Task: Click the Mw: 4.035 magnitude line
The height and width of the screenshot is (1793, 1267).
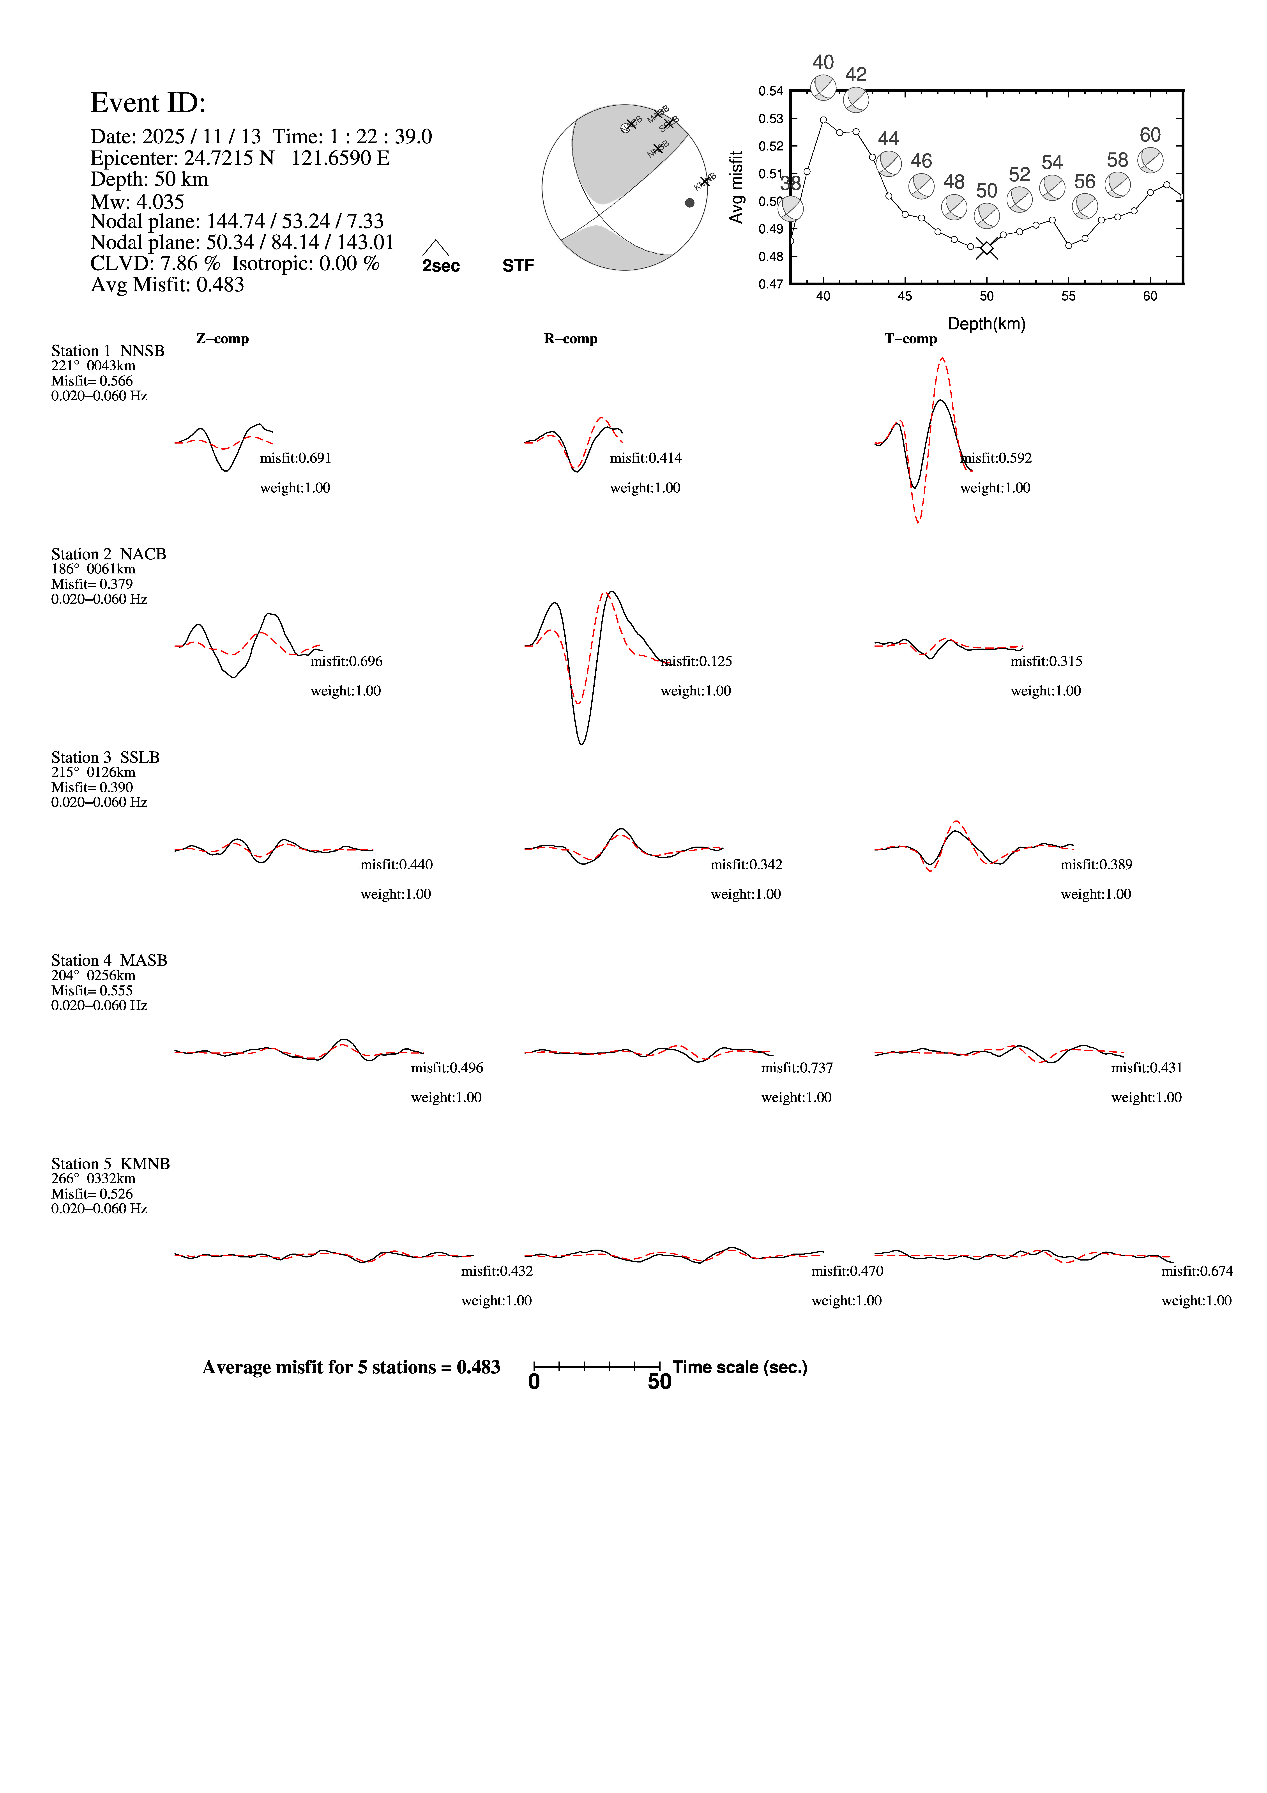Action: pyautogui.click(x=137, y=202)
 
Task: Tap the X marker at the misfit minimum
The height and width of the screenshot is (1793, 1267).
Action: pyautogui.click(x=987, y=248)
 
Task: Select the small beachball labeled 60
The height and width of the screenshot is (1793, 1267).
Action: pyautogui.click(x=1150, y=160)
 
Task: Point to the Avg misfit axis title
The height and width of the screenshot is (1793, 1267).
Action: pyautogui.click(x=735, y=187)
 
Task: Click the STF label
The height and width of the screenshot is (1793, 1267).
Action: pyautogui.click(x=518, y=266)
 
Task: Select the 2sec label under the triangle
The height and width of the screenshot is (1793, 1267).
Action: pyautogui.click(x=441, y=266)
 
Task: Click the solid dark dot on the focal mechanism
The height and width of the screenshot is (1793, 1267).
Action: pyautogui.click(x=689, y=203)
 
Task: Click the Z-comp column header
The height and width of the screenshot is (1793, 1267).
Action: pyautogui.click(x=223, y=339)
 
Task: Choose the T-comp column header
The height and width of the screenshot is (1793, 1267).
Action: pyautogui.click(x=910, y=339)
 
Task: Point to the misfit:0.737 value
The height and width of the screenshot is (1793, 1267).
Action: pyautogui.click(x=797, y=1068)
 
